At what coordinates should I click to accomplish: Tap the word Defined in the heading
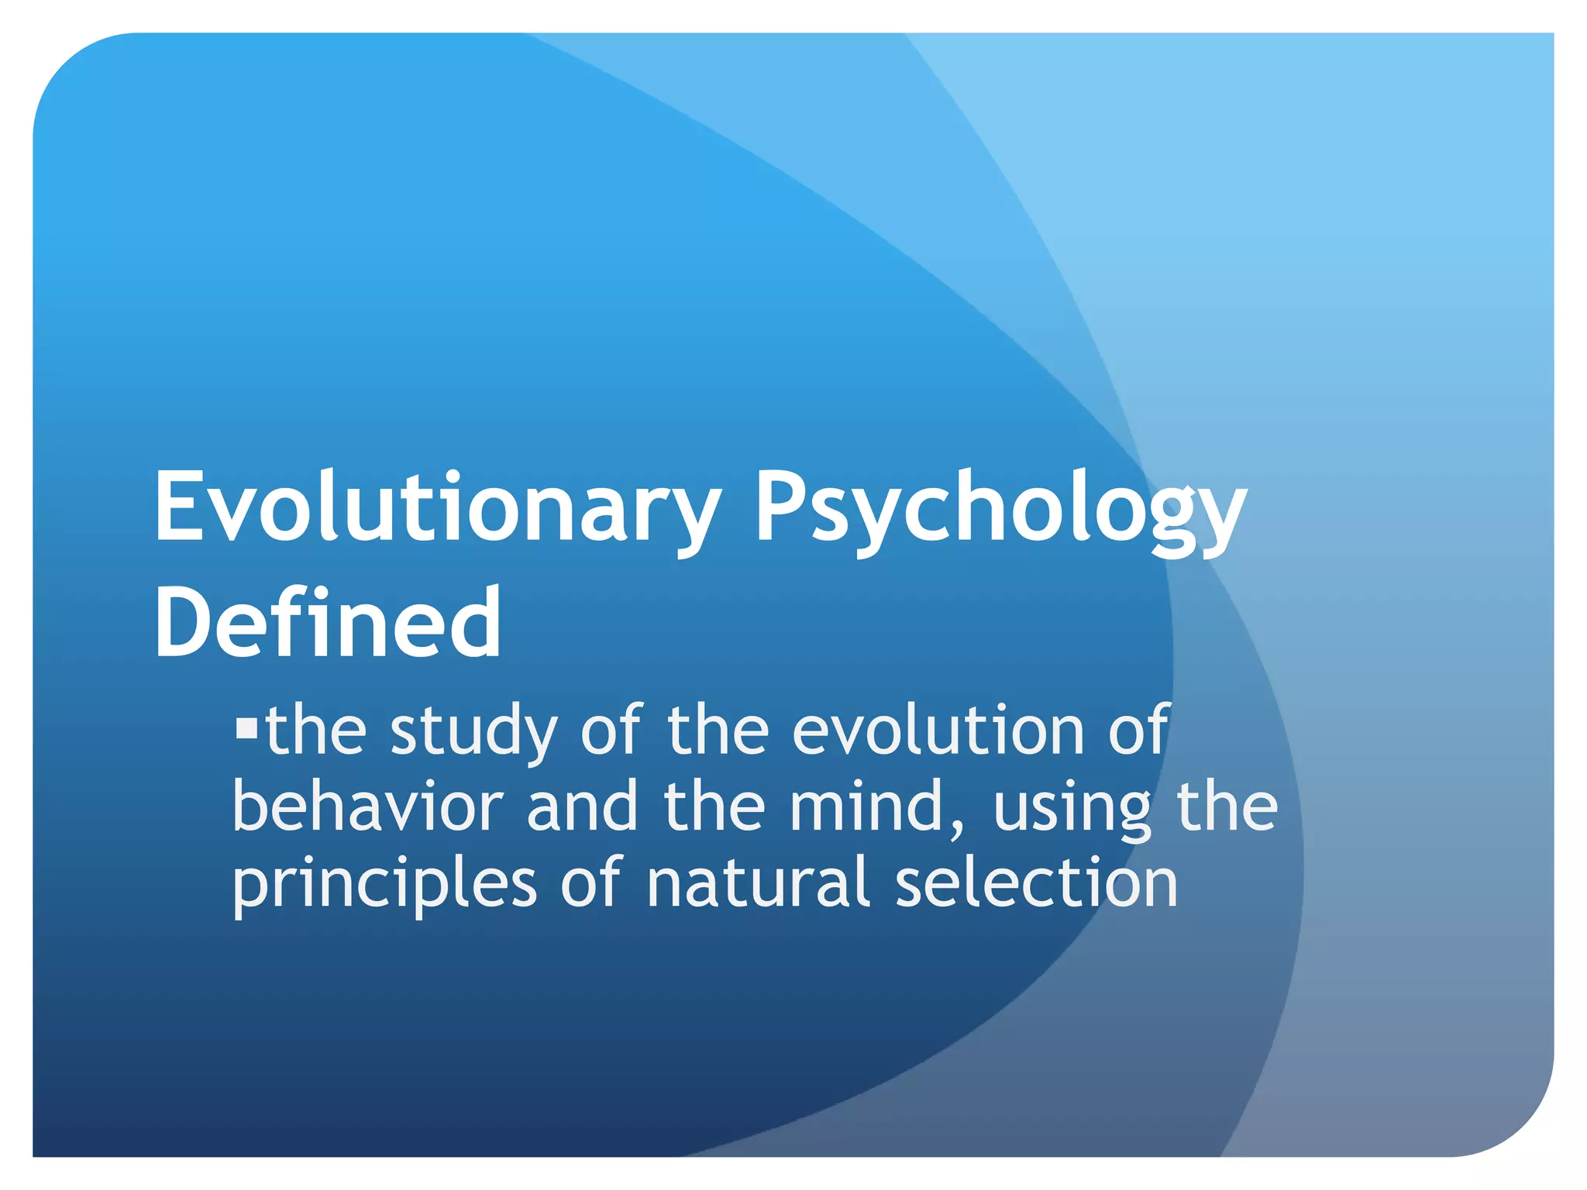coord(328,623)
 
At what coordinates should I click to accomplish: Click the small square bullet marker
coord(246,728)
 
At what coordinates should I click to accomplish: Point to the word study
coord(473,732)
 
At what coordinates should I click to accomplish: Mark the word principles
coord(384,886)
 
